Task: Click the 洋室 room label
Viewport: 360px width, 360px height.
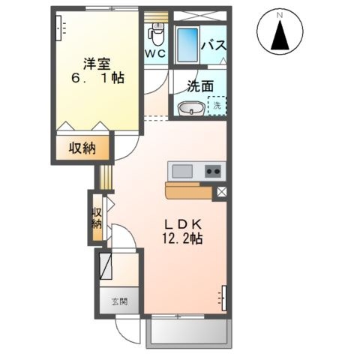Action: coord(97,64)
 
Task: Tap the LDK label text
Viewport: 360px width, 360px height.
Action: coord(183,224)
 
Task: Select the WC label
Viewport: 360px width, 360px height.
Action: coord(156,54)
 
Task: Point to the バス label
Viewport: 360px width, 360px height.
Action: coord(214,46)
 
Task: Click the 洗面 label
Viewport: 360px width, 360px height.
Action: coord(200,86)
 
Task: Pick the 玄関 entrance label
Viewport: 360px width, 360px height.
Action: coord(119,302)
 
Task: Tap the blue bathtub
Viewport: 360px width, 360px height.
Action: coord(187,45)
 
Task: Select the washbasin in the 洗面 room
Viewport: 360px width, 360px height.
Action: coord(191,108)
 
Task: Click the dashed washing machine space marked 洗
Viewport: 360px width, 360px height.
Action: coord(217,106)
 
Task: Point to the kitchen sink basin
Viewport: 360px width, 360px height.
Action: coord(182,172)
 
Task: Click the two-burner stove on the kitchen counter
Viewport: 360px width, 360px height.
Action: coord(213,172)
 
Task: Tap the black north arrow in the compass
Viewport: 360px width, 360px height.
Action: coord(280,35)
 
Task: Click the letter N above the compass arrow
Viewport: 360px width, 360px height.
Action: coord(280,15)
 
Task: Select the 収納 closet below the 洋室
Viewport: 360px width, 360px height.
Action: coord(82,148)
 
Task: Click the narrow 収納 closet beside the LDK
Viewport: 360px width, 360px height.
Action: coord(97,217)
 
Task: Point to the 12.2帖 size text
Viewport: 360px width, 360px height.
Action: coord(183,238)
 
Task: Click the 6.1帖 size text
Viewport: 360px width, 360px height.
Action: coord(98,78)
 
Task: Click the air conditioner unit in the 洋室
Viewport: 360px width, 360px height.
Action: coord(58,28)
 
